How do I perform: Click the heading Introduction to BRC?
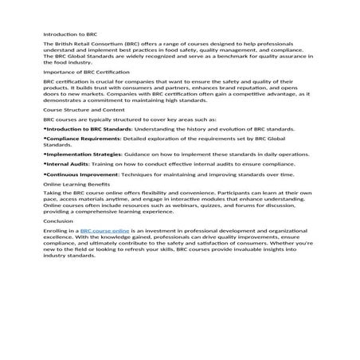(70, 34)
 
